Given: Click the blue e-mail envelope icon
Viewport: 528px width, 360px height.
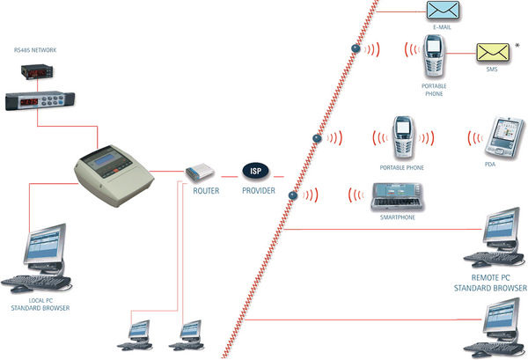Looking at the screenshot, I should point(443,11).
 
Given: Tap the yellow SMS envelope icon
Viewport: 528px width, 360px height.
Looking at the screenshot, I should point(491,53).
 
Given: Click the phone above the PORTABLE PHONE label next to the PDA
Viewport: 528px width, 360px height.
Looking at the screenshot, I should point(402,135).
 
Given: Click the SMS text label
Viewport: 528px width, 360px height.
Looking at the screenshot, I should point(491,70).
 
